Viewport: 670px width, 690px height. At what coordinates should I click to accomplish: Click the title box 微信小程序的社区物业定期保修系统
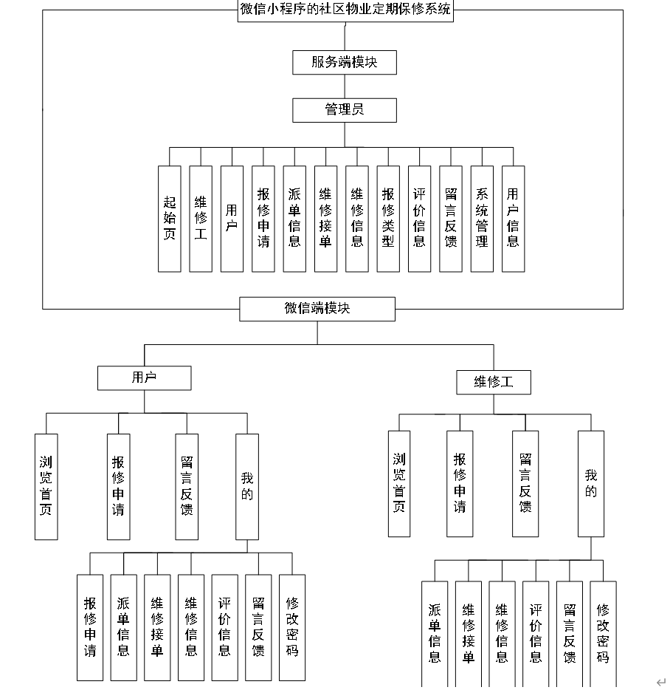point(345,10)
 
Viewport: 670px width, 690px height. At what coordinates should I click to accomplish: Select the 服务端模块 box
point(345,62)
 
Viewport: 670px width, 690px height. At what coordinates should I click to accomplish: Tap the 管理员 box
point(345,110)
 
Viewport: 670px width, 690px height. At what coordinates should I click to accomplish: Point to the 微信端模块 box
point(317,309)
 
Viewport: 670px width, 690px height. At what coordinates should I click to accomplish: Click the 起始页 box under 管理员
point(169,218)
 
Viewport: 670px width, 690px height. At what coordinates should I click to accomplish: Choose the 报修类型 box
point(388,218)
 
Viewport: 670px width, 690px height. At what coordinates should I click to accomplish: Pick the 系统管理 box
point(482,218)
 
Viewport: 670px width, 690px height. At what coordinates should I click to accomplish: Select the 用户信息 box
point(513,218)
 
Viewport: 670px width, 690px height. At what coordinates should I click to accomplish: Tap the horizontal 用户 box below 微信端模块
point(144,378)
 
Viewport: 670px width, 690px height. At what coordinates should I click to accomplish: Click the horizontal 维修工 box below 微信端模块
point(494,383)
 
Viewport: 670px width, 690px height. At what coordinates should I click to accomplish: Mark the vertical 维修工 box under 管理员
point(201,218)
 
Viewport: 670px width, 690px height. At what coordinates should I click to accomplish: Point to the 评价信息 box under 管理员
point(419,218)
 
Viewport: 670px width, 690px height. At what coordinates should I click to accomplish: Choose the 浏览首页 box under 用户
point(46,486)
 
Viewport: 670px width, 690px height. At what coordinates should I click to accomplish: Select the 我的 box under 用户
point(246,486)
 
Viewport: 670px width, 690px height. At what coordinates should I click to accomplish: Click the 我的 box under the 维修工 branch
point(590,483)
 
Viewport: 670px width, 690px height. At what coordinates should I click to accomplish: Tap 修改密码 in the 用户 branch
point(292,627)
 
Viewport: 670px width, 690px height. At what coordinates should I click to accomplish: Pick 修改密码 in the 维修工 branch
point(603,633)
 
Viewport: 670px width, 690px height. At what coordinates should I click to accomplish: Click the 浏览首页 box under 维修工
point(399,483)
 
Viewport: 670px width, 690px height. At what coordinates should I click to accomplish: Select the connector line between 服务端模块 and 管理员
point(345,86)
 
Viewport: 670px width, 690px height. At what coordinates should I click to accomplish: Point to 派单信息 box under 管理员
point(294,218)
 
